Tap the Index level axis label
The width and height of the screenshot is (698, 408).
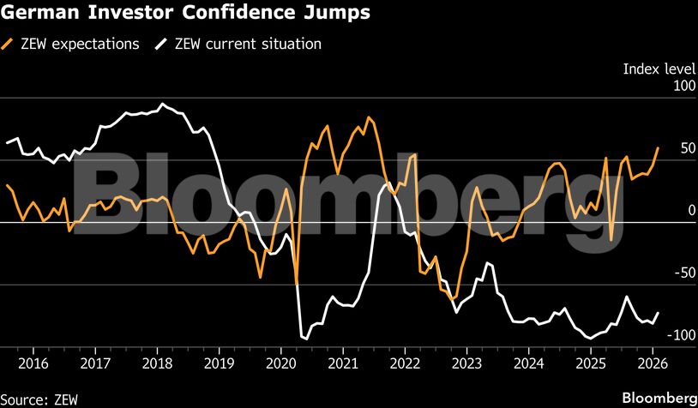coord(658,69)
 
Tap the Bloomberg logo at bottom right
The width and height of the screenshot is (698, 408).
coord(658,399)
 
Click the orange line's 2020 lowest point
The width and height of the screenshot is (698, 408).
coord(297,283)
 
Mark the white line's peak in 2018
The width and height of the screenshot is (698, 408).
coord(163,105)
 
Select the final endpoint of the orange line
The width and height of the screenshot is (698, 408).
coord(658,147)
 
